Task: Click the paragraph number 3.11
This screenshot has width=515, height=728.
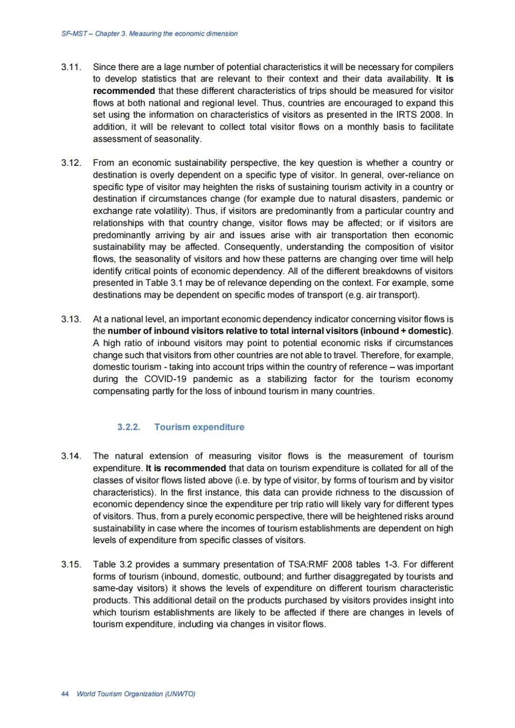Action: [x=71, y=67]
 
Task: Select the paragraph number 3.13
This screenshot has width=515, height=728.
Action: [x=71, y=319]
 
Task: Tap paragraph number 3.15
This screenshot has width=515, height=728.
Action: [x=71, y=565]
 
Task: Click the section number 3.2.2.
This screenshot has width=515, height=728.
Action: [x=129, y=427]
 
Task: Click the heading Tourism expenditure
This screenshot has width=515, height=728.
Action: [x=199, y=427]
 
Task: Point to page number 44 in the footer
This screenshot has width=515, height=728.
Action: [x=65, y=694]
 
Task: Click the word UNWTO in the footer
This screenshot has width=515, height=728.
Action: [x=179, y=694]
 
